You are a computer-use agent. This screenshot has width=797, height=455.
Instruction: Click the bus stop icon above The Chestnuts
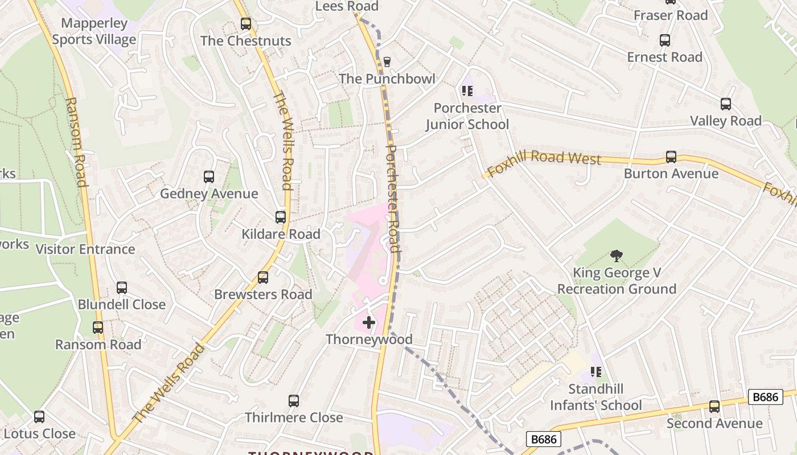(x=245, y=24)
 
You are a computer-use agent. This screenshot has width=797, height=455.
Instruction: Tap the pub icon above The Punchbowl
(x=387, y=61)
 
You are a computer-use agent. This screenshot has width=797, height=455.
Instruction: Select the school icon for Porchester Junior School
(x=467, y=91)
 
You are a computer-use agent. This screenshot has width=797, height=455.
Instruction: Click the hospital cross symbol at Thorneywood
(x=368, y=322)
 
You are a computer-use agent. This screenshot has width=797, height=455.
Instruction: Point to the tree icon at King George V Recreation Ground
(x=616, y=256)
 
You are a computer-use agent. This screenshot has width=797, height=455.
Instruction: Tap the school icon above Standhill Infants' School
(x=596, y=372)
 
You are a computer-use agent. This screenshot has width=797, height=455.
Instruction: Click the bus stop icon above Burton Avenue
(x=671, y=157)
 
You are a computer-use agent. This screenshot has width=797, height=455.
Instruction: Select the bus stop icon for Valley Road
(x=725, y=104)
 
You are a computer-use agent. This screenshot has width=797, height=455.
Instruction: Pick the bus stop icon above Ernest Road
(x=664, y=40)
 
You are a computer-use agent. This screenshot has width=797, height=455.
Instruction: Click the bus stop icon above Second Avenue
(x=714, y=407)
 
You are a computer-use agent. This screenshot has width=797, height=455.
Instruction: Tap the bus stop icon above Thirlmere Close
(x=293, y=401)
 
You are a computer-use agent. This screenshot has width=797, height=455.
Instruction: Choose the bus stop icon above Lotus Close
(x=39, y=417)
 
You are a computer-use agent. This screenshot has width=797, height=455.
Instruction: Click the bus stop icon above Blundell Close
(x=121, y=288)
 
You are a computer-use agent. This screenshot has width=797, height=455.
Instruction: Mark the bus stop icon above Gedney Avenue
(x=208, y=177)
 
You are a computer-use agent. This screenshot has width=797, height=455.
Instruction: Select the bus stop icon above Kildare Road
(x=280, y=217)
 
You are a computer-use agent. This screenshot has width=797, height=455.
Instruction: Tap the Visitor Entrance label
(x=85, y=249)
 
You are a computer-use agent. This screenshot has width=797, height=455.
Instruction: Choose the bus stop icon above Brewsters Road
(x=262, y=278)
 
